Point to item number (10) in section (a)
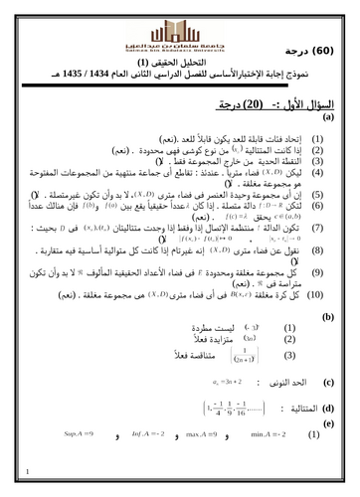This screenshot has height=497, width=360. point(316,294)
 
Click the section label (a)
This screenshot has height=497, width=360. point(327,116)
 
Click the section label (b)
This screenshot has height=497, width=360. point(327,317)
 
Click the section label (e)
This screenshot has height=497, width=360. point(327,422)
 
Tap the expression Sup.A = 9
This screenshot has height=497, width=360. point(79,435)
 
